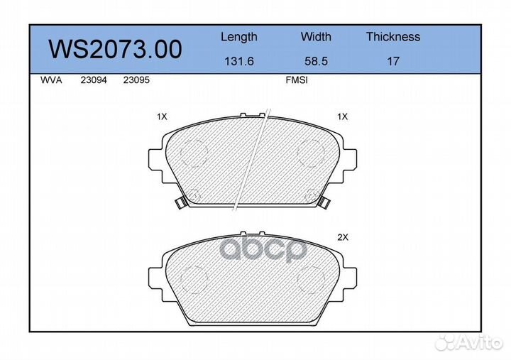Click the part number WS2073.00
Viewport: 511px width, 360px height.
[x=114, y=50]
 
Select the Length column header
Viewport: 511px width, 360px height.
[x=238, y=37]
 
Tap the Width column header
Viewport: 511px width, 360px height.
[x=316, y=37]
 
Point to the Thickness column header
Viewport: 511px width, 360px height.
[x=392, y=37]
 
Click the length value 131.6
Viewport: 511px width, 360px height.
[x=238, y=62]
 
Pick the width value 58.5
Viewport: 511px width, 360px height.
[x=316, y=62]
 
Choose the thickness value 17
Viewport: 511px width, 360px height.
[x=392, y=62]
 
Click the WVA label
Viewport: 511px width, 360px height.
[x=52, y=81]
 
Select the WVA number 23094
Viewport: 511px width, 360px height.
[x=93, y=81]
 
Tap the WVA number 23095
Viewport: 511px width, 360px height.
[x=136, y=81]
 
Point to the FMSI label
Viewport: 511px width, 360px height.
[x=296, y=81]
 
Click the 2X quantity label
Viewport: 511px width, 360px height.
[x=342, y=239]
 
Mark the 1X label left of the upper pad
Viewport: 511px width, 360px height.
[x=161, y=116]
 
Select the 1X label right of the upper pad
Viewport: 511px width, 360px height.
[x=342, y=116]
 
